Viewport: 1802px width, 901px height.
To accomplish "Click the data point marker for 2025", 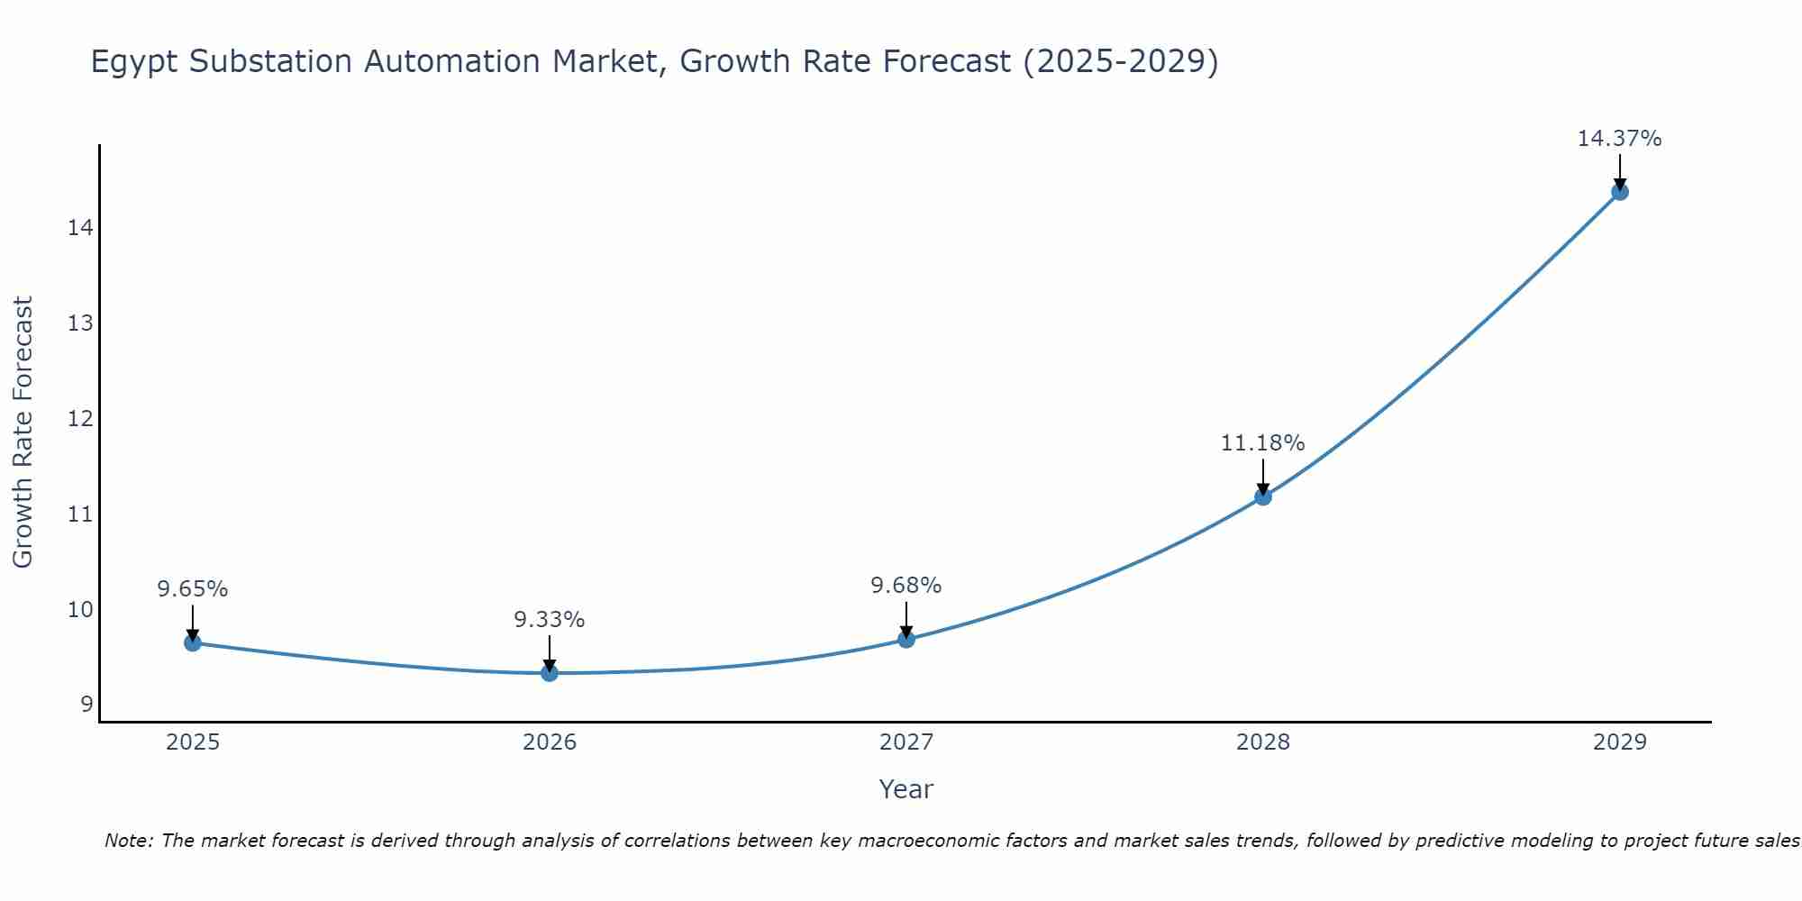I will click(x=192, y=642).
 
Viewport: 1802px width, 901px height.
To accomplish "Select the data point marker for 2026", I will click(x=549, y=672).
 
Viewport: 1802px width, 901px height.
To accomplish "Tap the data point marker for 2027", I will click(x=906, y=639).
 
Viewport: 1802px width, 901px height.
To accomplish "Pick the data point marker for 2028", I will click(x=1262, y=496).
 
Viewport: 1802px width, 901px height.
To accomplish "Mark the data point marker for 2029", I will click(x=1619, y=191).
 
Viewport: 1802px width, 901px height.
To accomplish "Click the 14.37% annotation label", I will click(x=1619, y=139).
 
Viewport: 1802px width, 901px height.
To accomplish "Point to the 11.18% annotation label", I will click(x=1262, y=443).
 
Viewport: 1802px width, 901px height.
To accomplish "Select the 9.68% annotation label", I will click(x=906, y=586).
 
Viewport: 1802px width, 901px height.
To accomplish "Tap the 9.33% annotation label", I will click(x=549, y=620).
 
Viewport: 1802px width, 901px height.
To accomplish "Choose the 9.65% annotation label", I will click(x=192, y=589).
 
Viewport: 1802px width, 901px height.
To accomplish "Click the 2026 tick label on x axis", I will click(x=549, y=742).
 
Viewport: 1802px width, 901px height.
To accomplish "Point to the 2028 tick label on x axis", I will click(x=1262, y=742).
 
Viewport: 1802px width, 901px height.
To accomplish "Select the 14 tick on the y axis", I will click(x=81, y=227).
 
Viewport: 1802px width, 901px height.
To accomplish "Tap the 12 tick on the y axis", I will click(x=81, y=419).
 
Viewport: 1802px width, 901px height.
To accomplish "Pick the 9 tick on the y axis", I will click(x=86, y=705).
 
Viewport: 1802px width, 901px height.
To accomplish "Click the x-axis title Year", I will click(x=906, y=789).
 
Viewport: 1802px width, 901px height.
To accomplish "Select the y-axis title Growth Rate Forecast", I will click(x=23, y=432).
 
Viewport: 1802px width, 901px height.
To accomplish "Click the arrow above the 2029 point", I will click(x=1619, y=171).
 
